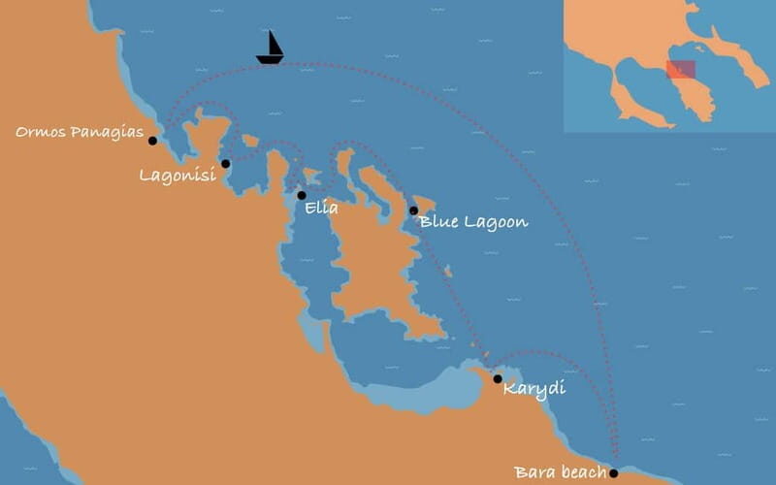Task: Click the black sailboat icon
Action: (271, 48)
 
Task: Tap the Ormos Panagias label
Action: (80, 132)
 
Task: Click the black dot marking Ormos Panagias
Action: (152, 141)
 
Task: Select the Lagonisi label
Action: (178, 176)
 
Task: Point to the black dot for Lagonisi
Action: (225, 164)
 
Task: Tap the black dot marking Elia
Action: (302, 195)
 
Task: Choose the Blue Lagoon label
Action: (474, 222)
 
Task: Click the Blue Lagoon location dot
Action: (413, 210)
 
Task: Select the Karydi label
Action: (534, 389)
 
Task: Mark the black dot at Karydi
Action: (498, 378)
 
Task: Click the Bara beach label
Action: (561, 473)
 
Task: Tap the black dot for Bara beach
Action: (613, 473)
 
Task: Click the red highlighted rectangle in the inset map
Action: (681, 70)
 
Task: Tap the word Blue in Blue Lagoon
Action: (437, 222)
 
